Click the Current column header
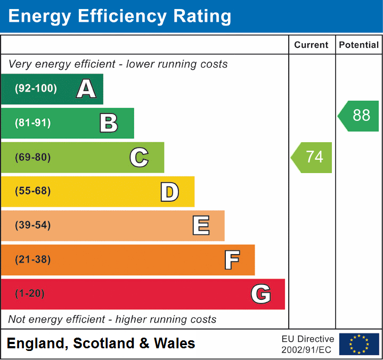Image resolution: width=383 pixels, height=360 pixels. click(x=312, y=45)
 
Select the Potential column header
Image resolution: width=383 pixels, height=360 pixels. click(x=359, y=45)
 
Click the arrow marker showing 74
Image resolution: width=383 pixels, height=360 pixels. click(x=313, y=157)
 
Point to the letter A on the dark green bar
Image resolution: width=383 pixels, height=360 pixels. click(x=86, y=89)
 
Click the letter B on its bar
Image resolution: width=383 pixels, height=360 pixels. click(x=109, y=123)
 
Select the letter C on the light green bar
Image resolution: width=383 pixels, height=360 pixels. click(x=139, y=158)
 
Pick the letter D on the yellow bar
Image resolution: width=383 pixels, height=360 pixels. click(x=169, y=192)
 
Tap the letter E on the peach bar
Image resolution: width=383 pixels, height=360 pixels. click(x=201, y=226)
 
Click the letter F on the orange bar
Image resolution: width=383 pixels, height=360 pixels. click(x=232, y=260)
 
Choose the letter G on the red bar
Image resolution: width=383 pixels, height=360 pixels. click(x=261, y=294)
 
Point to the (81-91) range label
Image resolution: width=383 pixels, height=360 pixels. click(x=33, y=123)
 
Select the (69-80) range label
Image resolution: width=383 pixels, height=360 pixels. click(x=33, y=158)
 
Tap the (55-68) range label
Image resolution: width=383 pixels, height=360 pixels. click(x=33, y=191)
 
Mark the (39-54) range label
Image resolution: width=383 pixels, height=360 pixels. click(x=33, y=225)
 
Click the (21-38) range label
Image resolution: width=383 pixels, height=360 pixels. click(x=33, y=260)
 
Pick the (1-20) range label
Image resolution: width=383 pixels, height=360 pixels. click(x=30, y=294)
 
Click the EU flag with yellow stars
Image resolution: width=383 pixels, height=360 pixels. click(x=359, y=344)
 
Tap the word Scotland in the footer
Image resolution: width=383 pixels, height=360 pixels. click(x=104, y=343)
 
